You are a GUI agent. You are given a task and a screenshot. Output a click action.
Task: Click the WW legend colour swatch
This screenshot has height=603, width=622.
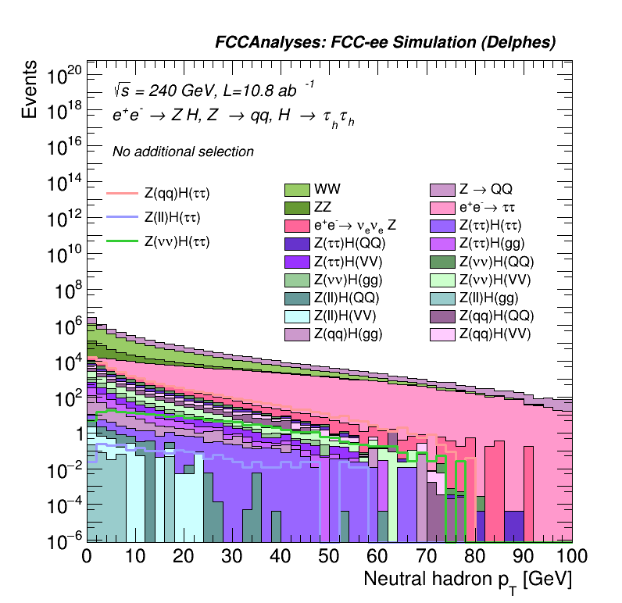click(297, 190)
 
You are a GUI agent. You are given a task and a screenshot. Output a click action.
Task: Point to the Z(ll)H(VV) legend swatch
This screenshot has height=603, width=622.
click(297, 316)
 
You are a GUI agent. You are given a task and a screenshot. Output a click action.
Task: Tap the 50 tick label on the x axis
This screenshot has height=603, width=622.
click(329, 556)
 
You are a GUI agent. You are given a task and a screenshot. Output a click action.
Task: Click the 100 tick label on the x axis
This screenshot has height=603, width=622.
click(571, 556)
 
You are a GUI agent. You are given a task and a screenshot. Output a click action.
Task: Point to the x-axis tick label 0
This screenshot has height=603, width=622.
click(87, 556)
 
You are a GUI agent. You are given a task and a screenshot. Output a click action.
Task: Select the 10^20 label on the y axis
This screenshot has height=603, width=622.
click(64, 76)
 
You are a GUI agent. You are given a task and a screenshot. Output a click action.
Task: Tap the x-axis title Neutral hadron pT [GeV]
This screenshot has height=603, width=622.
click(467, 580)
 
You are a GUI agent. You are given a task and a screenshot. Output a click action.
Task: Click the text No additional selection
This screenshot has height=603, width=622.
click(183, 152)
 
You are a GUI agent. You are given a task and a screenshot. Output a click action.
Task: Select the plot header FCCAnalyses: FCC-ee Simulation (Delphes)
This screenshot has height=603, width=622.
click(385, 43)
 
